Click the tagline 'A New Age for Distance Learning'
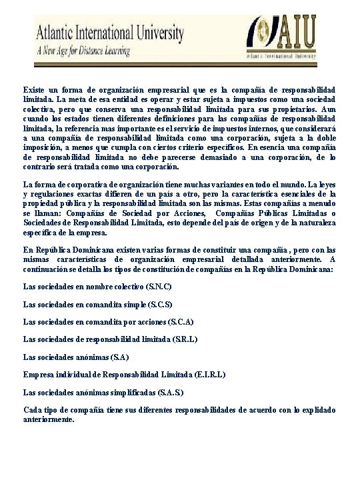click(83, 51)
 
